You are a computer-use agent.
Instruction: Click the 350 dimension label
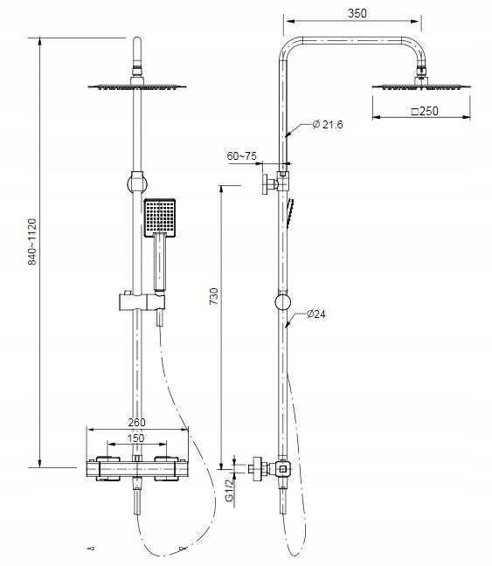(x=357, y=13)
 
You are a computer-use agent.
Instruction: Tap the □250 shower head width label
(x=425, y=111)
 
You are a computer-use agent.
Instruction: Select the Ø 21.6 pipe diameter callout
(x=328, y=125)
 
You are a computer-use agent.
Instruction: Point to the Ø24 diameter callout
(x=316, y=314)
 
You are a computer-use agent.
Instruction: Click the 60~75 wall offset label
(x=242, y=156)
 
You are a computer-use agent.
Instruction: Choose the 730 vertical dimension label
(x=214, y=296)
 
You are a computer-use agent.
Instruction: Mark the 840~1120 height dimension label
(x=32, y=242)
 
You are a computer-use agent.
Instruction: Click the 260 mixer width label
(x=136, y=422)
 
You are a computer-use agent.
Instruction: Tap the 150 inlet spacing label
(x=135, y=438)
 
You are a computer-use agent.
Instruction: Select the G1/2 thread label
(x=229, y=491)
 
